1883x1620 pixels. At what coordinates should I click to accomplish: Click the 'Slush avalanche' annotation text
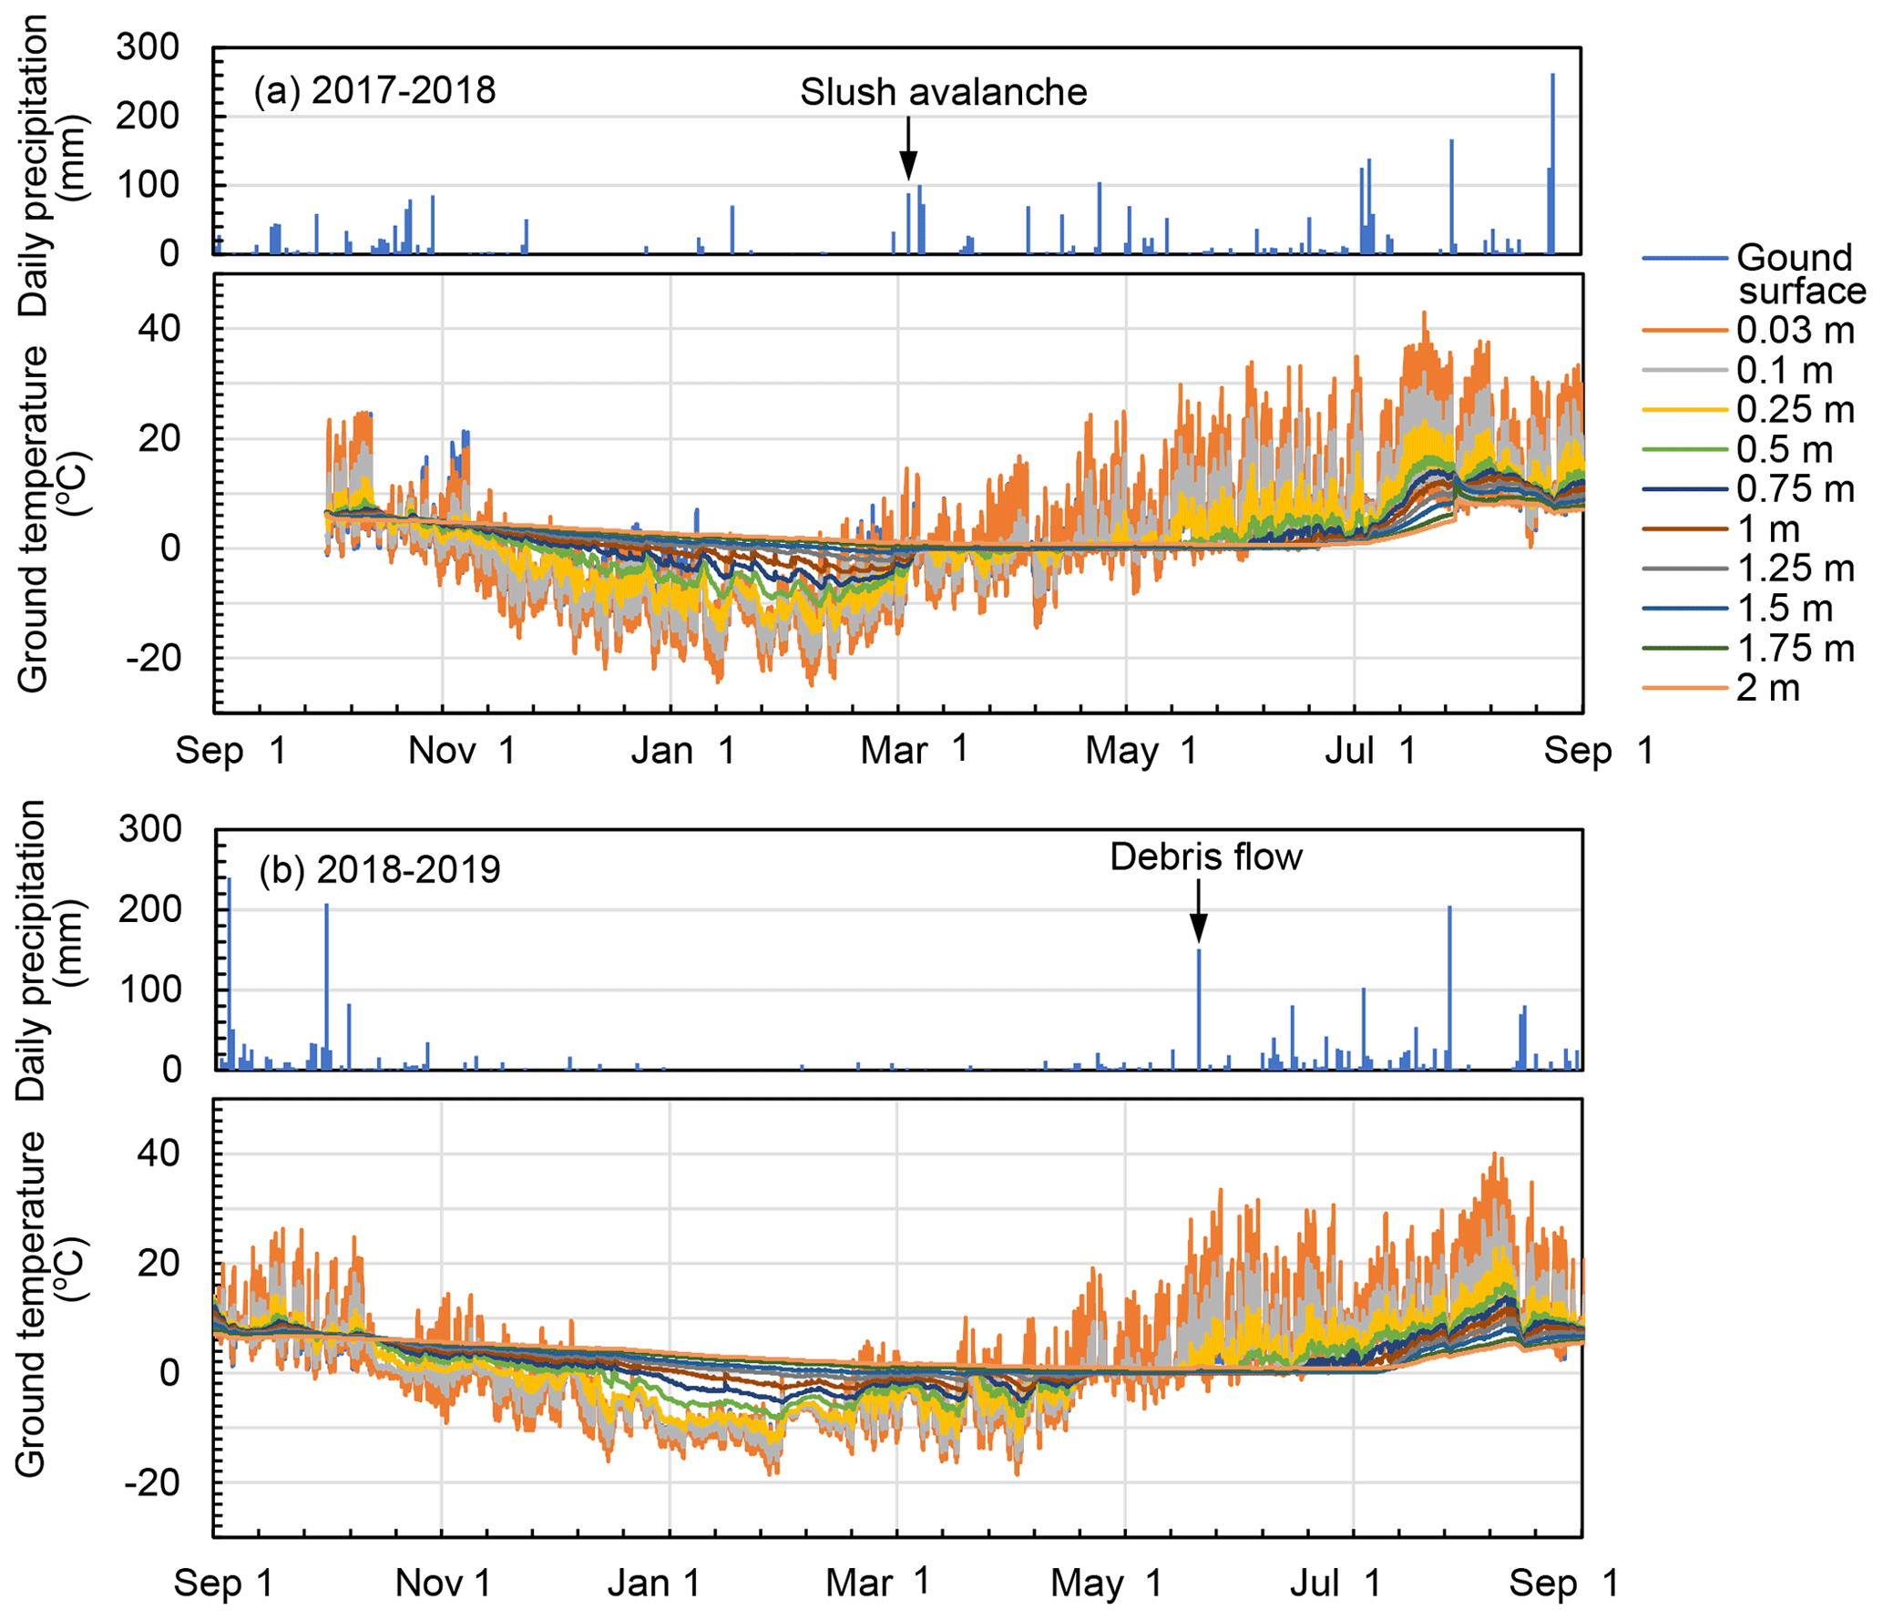point(943,92)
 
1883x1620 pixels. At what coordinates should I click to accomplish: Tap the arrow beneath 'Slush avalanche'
point(908,150)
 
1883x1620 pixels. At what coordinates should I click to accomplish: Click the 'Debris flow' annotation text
point(1205,857)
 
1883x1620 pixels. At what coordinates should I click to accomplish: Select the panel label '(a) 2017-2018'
point(374,91)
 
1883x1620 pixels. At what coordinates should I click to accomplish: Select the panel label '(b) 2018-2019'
point(379,870)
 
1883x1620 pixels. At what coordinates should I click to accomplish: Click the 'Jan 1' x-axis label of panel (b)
point(653,1584)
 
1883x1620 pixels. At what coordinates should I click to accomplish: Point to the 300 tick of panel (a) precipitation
point(148,47)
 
